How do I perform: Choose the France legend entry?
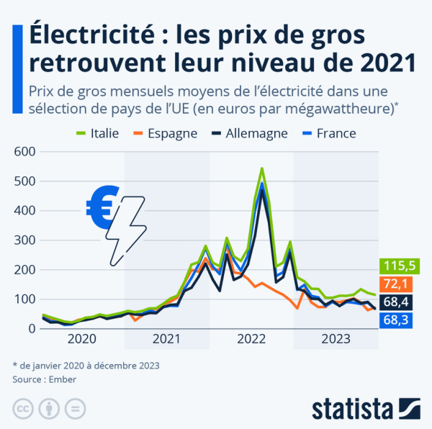(329, 133)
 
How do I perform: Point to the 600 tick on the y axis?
(24, 152)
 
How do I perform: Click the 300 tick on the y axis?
(24, 240)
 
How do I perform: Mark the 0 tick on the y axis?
(32, 329)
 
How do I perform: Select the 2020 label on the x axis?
(82, 339)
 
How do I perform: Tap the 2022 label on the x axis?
(252, 339)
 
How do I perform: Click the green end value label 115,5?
(396, 266)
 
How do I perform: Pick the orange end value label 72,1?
(396, 284)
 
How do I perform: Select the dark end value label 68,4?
(396, 301)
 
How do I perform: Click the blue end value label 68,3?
(396, 318)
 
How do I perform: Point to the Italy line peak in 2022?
(261, 168)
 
